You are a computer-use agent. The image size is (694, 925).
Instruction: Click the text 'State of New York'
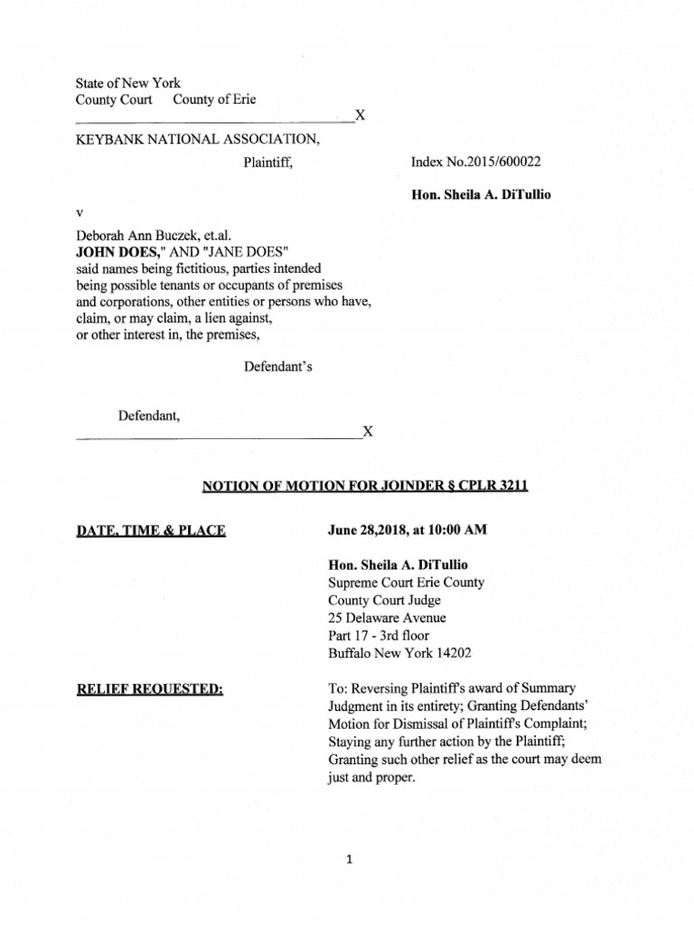click(127, 83)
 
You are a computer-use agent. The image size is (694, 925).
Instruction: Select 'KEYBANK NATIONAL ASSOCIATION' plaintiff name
click(196, 140)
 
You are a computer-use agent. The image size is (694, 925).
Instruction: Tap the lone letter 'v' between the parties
click(80, 212)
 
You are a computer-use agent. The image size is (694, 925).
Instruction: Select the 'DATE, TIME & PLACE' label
click(151, 530)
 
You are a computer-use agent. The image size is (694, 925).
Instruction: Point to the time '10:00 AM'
click(459, 530)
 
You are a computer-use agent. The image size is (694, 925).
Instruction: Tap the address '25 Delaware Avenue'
click(387, 618)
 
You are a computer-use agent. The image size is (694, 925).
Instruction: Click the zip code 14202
click(453, 653)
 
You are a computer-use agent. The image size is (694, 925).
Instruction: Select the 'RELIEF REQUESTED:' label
click(149, 690)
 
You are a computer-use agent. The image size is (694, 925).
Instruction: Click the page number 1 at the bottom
click(347, 860)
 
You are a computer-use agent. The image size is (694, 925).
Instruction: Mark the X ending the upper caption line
click(360, 117)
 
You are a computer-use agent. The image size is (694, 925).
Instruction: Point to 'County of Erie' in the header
click(214, 100)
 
